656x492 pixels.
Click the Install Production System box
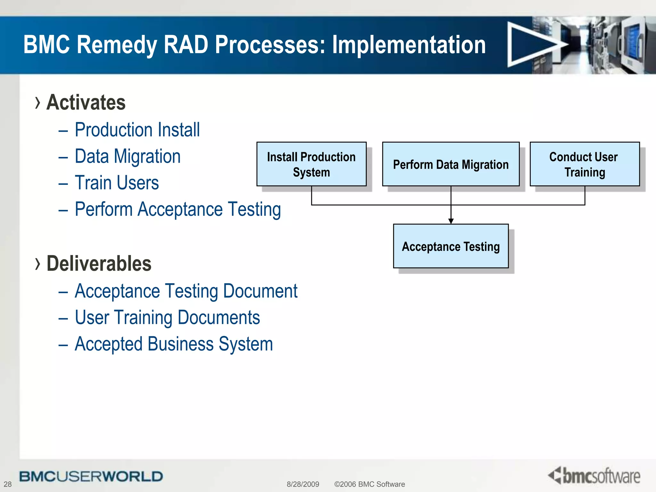311,164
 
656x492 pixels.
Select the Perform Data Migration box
451,164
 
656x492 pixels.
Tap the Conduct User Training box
585,164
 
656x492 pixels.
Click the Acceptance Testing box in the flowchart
451,246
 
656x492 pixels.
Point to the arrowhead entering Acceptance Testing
451,221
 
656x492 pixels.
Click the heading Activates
86,102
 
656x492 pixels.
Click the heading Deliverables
99,264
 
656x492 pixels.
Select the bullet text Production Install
137,130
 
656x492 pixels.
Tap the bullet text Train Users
117,183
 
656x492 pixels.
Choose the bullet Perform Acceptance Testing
178,209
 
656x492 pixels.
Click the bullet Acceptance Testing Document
186,291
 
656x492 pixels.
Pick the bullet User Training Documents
167,317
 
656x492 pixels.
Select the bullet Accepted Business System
174,344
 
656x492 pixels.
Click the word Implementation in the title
409,45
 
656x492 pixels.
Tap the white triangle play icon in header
532,45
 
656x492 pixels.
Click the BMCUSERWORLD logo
91,476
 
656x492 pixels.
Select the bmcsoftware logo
594,476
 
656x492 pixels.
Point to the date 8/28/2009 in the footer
303,484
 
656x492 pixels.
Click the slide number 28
8,484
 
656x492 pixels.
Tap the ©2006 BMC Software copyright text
369,484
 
